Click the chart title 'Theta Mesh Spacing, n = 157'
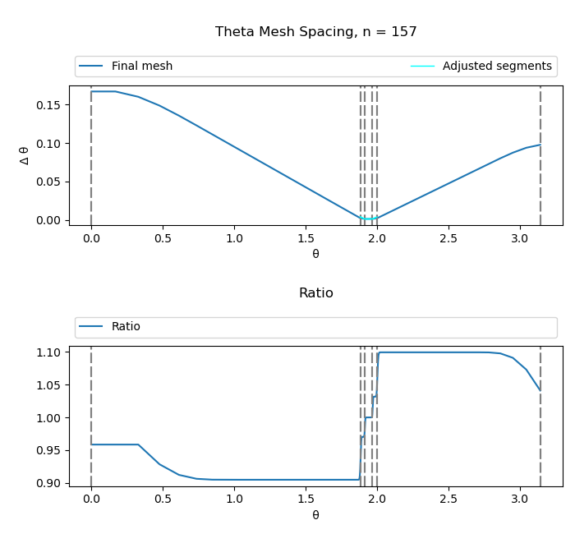[x=315, y=32]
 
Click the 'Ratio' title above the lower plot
[x=315, y=293]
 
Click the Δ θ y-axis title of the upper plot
[x=25, y=155]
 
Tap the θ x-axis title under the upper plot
[x=315, y=254]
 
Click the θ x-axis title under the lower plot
[x=315, y=515]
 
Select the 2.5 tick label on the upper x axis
[x=448, y=239]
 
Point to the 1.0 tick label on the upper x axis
[x=234, y=239]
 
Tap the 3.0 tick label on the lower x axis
[x=519, y=500]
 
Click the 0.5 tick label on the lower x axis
[x=163, y=500]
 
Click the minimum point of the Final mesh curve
[x=369, y=219]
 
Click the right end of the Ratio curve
[x=540, y=390]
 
